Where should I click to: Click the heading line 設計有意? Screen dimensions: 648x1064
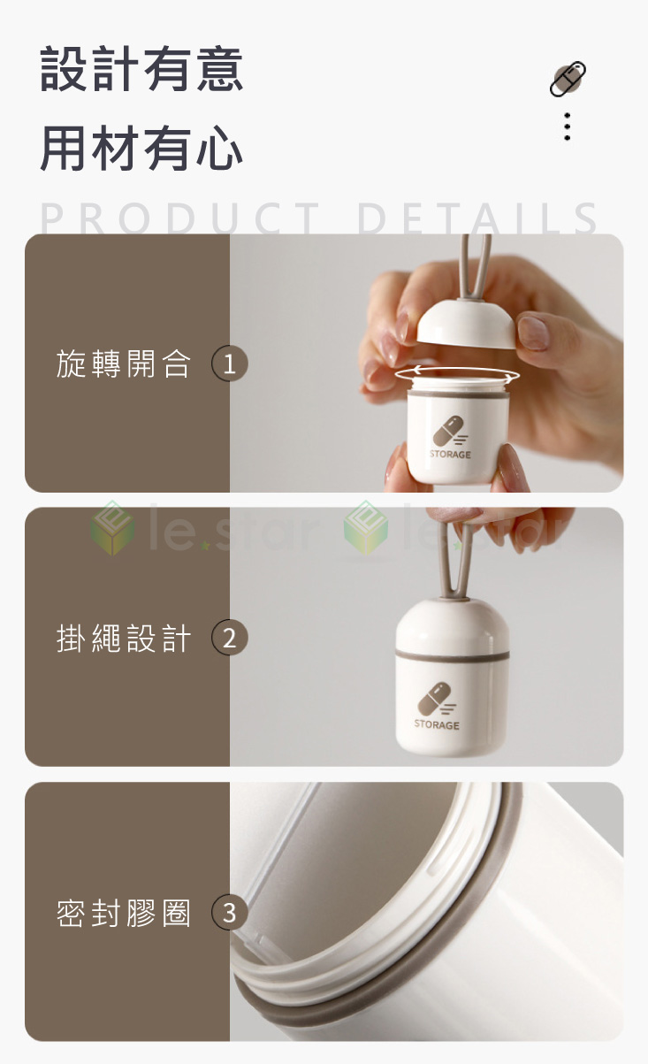(141, 69)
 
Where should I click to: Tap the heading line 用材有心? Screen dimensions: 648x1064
(141, 149)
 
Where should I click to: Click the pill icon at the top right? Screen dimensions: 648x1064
(568, 79)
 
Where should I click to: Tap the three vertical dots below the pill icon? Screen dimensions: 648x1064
(567, 126)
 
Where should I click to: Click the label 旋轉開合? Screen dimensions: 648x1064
(124, 364)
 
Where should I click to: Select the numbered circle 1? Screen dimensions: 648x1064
(229, 364)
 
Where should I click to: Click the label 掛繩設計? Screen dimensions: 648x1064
(124, 638)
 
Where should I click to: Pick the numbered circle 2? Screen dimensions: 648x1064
(229, 638)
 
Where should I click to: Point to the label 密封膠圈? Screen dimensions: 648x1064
(124, 913)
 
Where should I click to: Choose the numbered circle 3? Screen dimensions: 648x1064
(229, 912)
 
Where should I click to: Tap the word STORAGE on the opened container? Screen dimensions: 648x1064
(450, 454)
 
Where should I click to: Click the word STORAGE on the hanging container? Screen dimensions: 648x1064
(437, 724)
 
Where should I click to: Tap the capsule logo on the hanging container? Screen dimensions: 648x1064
(436, 698)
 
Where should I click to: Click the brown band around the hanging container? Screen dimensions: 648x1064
(452, 654)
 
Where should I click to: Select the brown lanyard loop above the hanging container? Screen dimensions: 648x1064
(457, 558)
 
